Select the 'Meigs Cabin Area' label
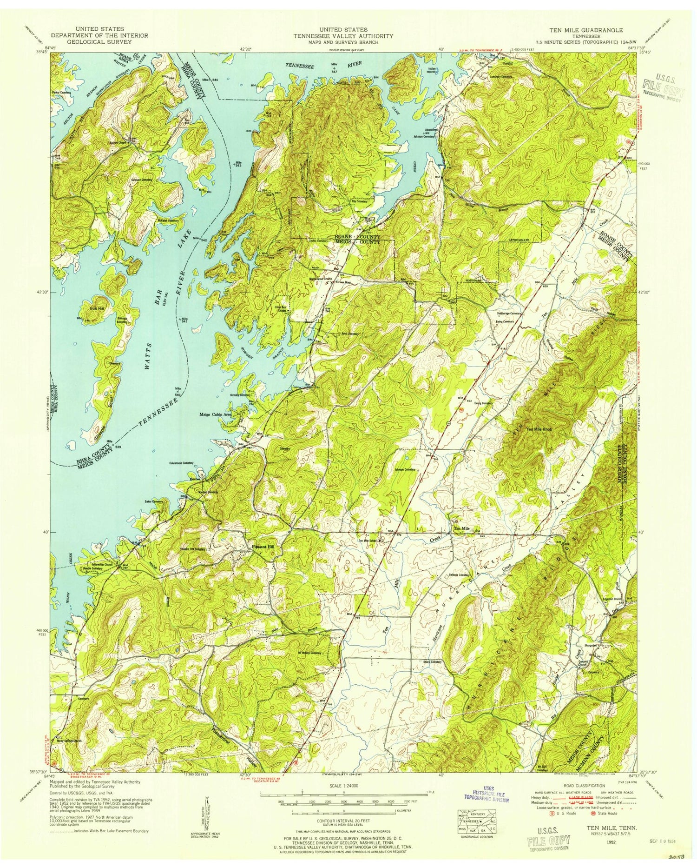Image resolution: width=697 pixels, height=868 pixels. tap(215, 414)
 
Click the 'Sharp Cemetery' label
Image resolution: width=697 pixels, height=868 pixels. tap(432, 661)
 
